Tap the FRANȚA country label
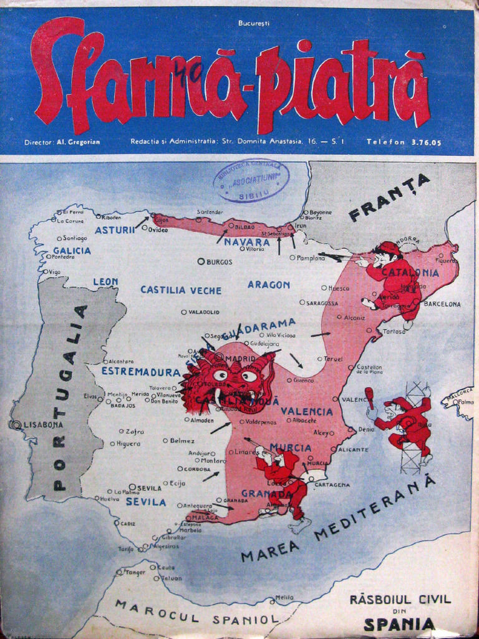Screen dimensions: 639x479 pos(390,197)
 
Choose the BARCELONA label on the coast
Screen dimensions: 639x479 pos(442,305)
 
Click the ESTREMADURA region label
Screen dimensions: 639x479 pos(132,372)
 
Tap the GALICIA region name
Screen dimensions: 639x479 pos(72,251)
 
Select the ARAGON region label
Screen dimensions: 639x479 pos(269,285)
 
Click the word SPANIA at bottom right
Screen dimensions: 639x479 pos(399,623)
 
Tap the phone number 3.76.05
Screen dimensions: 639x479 pos(427,142)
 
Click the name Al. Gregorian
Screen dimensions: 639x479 pos(78,142)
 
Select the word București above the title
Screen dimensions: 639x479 pos(253,23)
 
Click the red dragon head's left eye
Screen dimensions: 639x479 pos(220,375)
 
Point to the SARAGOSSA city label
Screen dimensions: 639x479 pos(322,303)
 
